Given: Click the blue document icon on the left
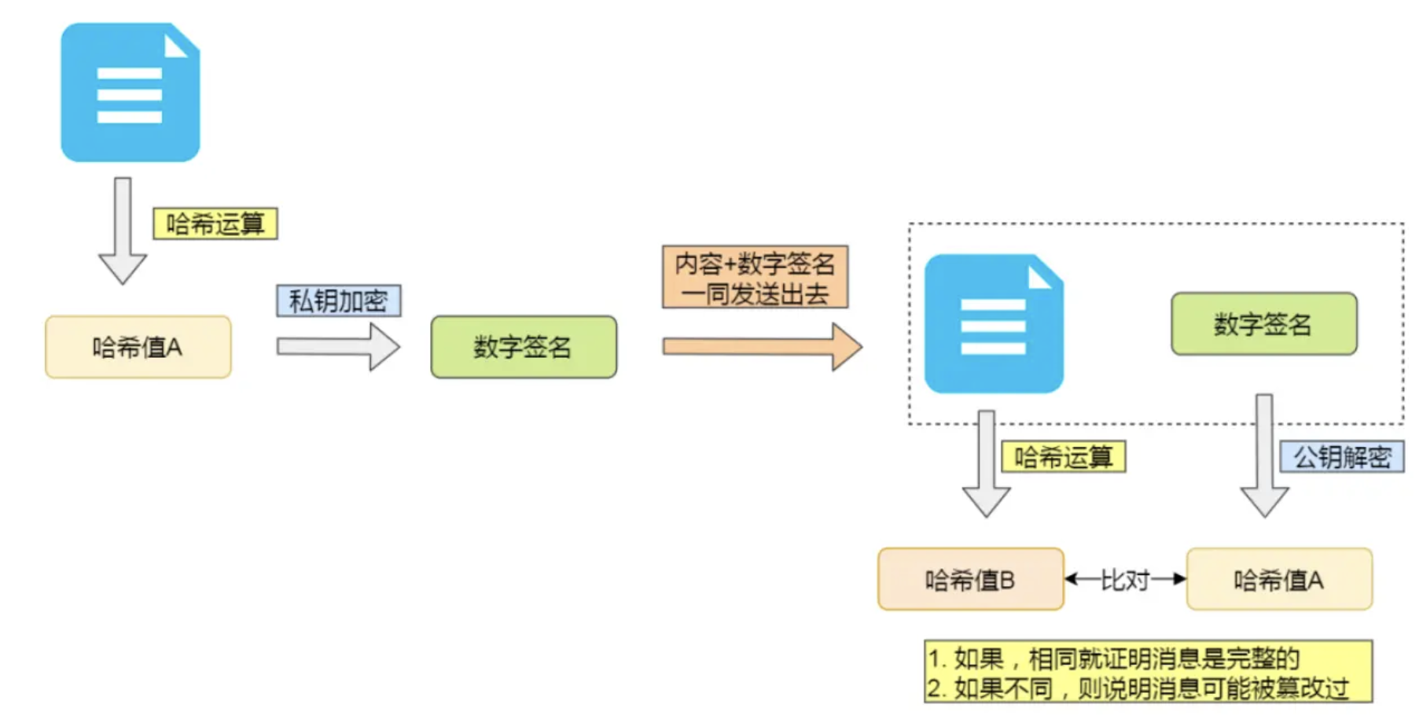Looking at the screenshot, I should click(131, 93).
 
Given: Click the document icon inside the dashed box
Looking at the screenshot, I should click(994, 323).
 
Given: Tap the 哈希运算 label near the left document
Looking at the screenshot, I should click(215, 223).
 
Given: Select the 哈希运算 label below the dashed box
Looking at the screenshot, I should click(1063, 456).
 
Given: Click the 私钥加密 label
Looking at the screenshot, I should click(338, 301).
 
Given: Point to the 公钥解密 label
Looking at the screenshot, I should click(1341, 456).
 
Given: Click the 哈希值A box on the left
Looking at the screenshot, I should click(138, 347).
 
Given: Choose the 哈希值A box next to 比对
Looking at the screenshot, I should click(1279, 580).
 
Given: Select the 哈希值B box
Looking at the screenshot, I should click(970, 580).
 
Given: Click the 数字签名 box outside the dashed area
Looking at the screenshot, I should click(524, 347).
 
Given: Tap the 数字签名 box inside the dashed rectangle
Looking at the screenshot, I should click(1263, 324).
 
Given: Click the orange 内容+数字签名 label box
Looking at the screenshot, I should click(755, 277).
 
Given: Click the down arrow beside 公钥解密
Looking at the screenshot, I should click(1264, 456).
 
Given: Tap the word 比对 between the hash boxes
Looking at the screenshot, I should click(1124, 580).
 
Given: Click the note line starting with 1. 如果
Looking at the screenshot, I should click(1112, 658).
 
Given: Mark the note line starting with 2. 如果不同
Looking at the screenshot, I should click(1137, 688).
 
